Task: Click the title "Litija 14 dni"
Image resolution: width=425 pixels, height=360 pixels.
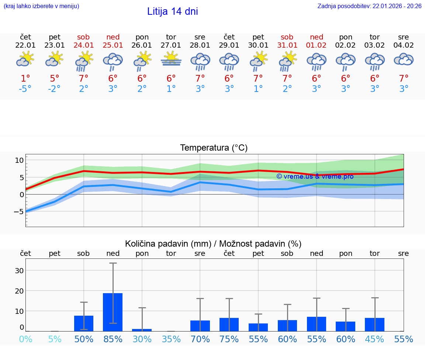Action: point(172,11)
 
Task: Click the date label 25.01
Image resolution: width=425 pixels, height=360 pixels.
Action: point(113,45)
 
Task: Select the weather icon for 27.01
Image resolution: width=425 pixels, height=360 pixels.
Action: point(171,59)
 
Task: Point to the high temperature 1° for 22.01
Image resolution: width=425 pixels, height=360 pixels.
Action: point(25,78)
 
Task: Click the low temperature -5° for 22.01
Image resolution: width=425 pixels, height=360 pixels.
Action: point(25,89)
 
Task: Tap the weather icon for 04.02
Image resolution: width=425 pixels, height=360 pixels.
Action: point(404,59)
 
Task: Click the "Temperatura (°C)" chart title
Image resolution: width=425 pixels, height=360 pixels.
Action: point(214,148)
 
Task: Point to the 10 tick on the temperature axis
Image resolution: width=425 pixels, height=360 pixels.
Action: point(19,160)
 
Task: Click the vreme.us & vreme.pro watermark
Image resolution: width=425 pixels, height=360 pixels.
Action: point(315,176)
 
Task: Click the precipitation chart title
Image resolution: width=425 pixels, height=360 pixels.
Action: point(213,244)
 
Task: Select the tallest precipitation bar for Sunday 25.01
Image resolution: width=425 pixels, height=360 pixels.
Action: point(113,312)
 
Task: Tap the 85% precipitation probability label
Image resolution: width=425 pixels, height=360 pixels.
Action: point(113,339)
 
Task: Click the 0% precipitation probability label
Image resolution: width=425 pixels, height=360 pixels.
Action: point(25,339)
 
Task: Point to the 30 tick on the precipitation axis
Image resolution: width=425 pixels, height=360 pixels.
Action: point(19,271)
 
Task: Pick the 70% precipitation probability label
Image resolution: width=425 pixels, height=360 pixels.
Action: point(200,339)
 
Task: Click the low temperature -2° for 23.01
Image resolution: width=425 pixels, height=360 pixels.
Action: point(54,89)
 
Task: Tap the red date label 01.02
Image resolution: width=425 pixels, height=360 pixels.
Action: point(316,45)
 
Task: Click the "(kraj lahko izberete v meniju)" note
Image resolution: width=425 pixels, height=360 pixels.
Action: point(41,6)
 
